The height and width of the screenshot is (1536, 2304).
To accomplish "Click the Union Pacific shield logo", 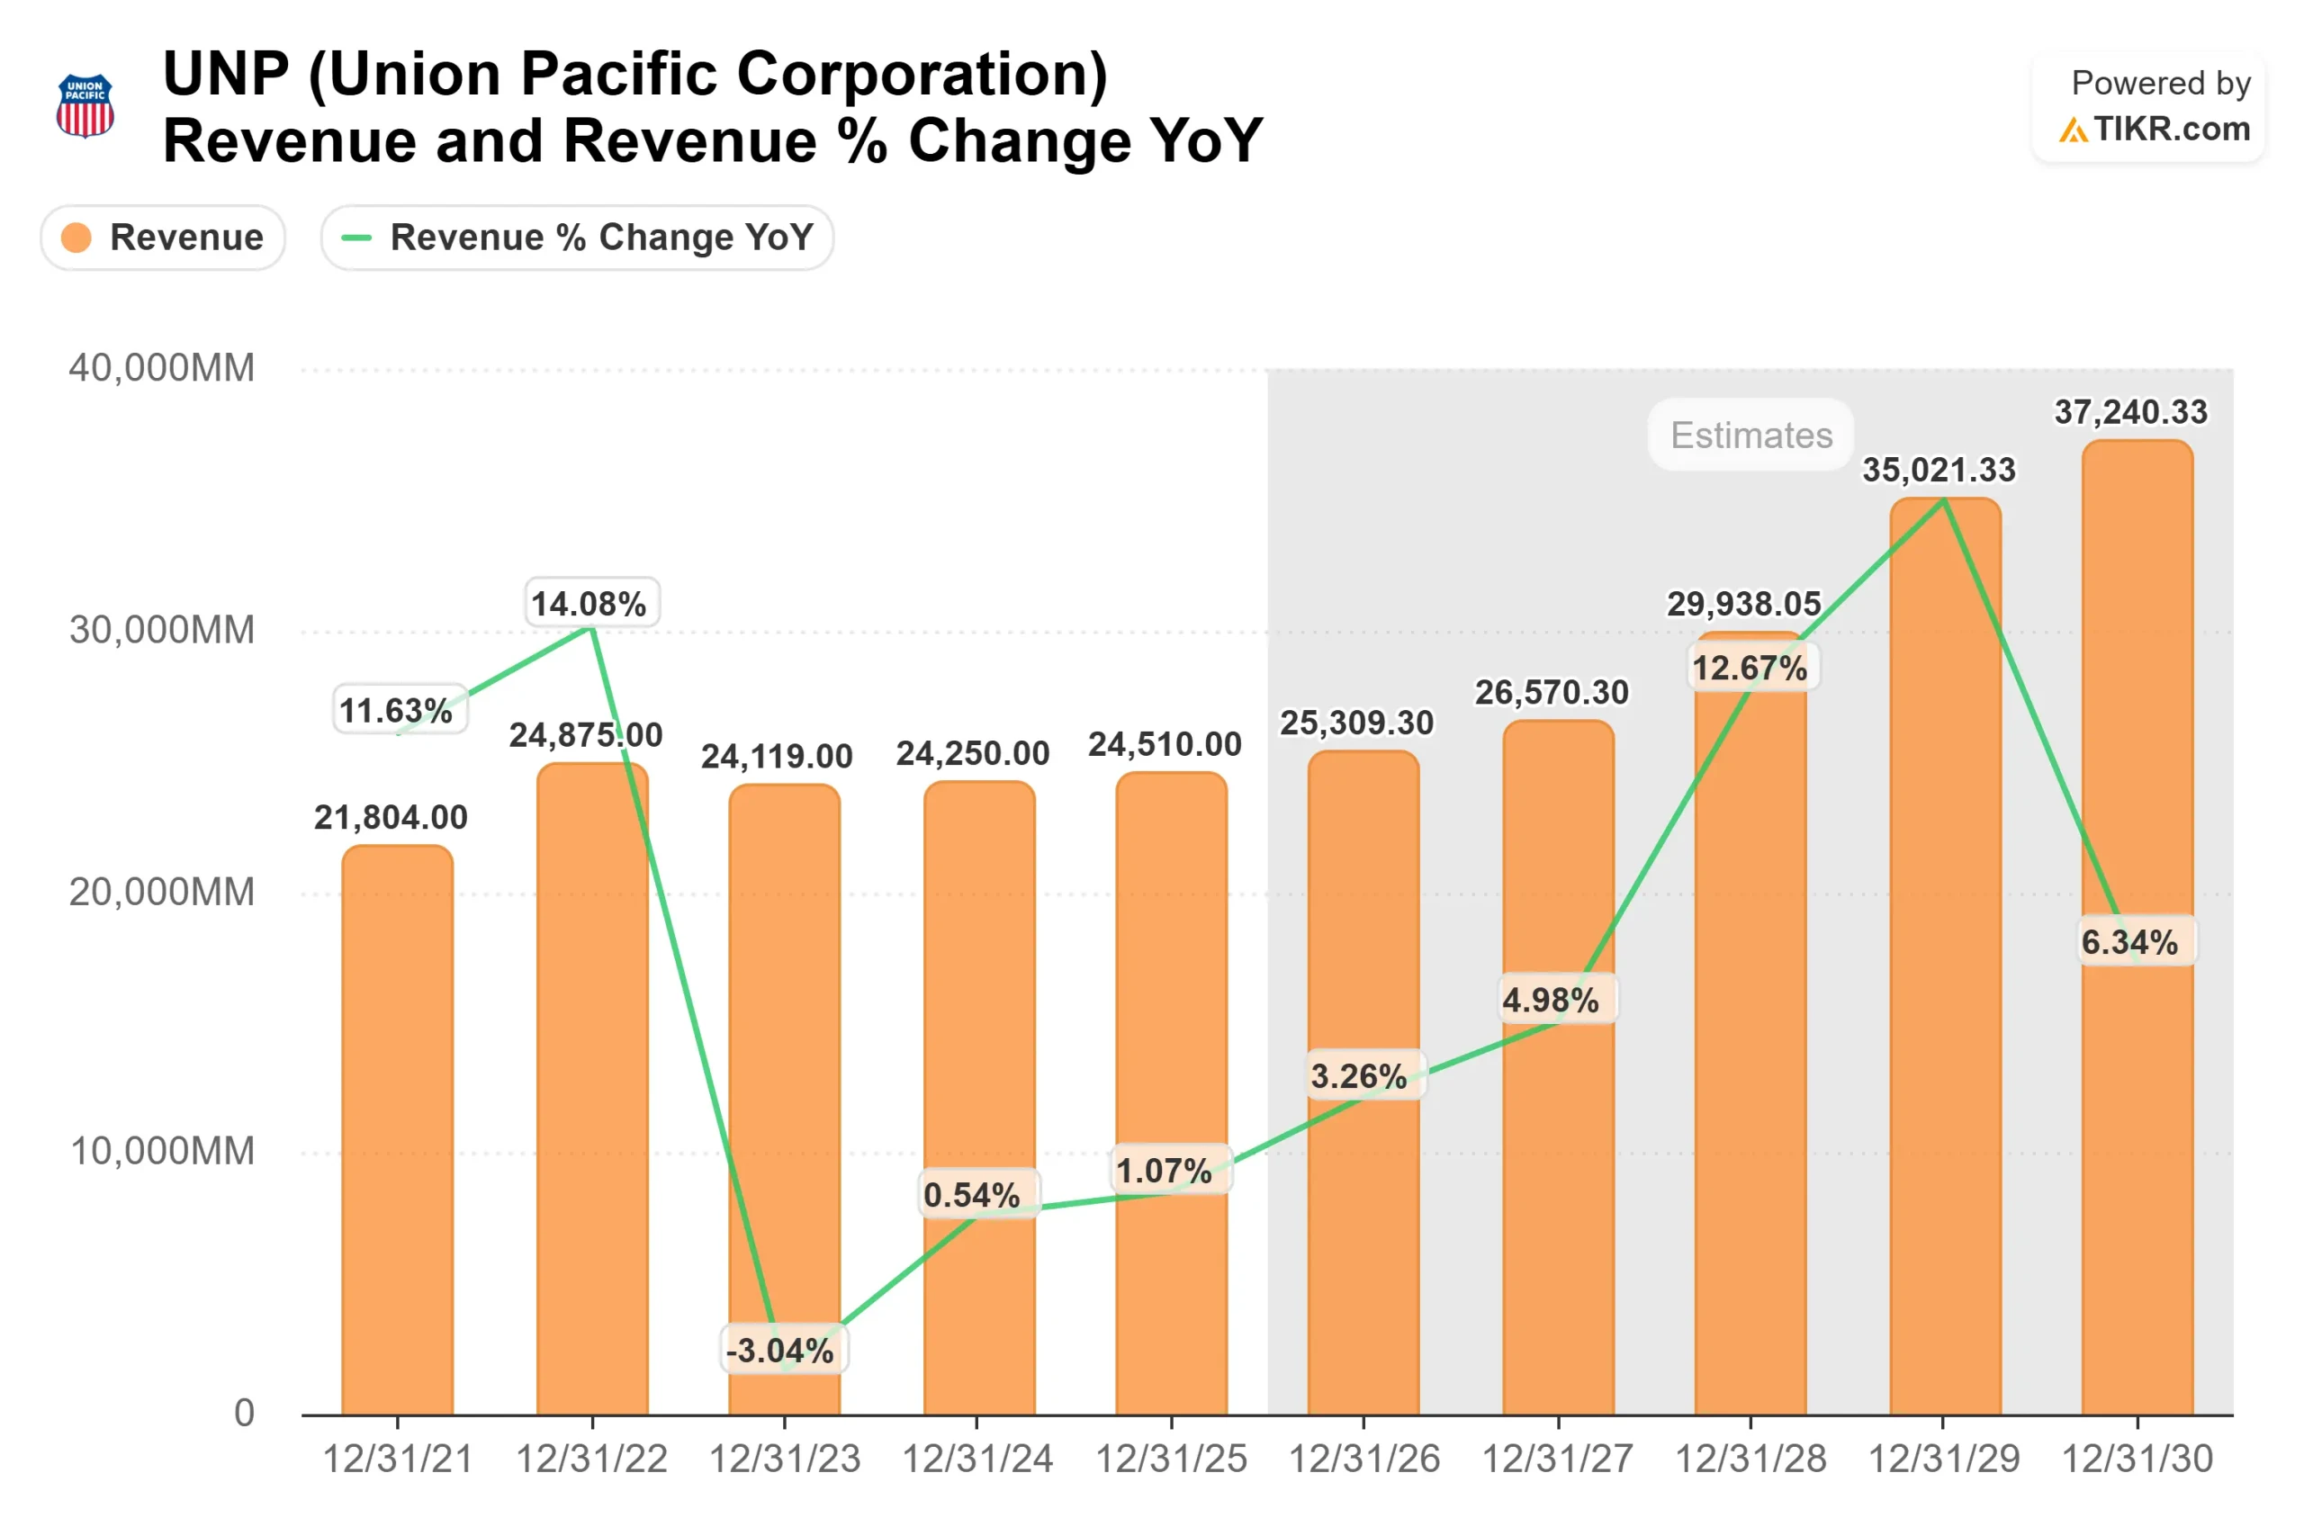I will (x=85, y=106).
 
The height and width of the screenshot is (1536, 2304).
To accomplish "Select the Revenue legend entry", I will (x=163, y=237).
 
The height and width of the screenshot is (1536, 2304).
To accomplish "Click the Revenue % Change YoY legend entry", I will (x=577, y=237).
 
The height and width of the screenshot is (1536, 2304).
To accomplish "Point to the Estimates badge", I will (x=1750, y=435).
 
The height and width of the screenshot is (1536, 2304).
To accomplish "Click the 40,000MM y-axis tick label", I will (x=162, y=368).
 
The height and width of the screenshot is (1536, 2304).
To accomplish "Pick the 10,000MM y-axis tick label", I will (x=162, y=1151).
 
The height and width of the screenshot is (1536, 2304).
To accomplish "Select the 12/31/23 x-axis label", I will (x=785, y=1460).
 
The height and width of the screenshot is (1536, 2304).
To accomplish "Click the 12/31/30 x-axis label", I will (x=2137, y=1460).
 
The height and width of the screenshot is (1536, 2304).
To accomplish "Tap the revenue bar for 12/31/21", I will (x=398, y=1127).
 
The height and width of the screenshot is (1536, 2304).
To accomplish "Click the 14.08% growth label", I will (x=589, y=604).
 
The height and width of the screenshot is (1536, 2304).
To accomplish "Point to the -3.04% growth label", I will (x=779, y=1351).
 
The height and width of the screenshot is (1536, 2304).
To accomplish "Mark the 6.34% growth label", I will (x=2128, y=942).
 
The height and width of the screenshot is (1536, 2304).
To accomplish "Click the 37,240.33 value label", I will (x=2130, y=412).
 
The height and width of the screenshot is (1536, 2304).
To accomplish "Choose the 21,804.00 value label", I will (x=391, y=818).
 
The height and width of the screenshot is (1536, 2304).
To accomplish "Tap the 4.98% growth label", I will (x=1551, y=1001).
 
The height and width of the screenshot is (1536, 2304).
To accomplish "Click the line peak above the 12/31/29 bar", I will (x=1943, y=500).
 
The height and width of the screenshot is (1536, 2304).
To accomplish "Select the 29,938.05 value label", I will (x=1743, y=605).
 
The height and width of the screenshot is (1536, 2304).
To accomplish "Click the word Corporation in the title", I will (x=922, y=75).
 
